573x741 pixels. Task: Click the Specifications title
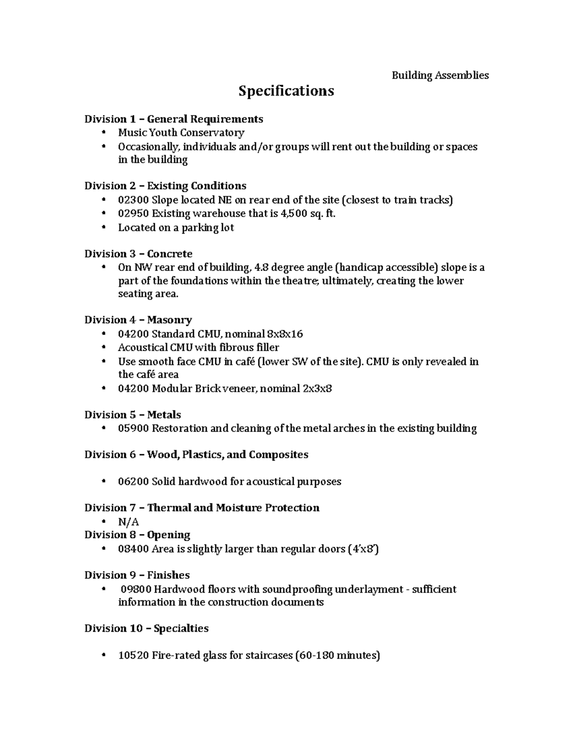(286, 91)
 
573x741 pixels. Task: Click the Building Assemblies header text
(440, 75)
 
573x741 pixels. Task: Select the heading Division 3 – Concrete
(138, 254)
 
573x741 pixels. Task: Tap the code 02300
(134, 200)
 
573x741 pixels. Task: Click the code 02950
(134, 214)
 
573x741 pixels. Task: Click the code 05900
(134, 428)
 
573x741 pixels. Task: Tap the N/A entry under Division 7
(128, 522)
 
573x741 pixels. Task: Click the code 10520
(134, 656)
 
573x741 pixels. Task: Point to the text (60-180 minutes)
(338, 656)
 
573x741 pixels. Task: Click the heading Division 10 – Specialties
(147, 628)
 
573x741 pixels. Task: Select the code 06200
(134, 482)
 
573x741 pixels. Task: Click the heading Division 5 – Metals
(133, 415)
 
